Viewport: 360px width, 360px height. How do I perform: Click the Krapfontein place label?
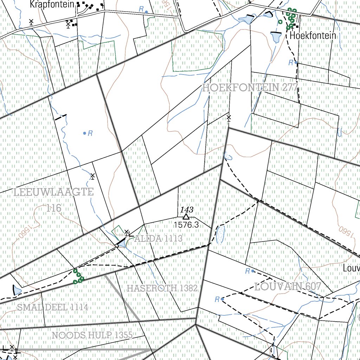(52, 5)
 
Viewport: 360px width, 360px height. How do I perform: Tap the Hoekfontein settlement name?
(313, 36)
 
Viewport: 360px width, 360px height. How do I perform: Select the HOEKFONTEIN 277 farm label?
(250, 88)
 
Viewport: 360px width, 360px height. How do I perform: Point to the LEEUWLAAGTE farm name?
(54, 192)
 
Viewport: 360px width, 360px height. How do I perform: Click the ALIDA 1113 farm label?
(158, 239)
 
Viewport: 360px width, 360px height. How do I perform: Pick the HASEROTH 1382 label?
(162, 289)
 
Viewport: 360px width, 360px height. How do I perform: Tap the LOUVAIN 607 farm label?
(287, 287)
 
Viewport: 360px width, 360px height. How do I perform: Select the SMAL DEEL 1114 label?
(53, 307)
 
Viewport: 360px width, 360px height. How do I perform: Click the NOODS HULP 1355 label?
(92, 335)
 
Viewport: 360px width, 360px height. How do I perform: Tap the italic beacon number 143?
(187, 210)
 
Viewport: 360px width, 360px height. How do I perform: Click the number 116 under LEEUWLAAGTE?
(54, 208)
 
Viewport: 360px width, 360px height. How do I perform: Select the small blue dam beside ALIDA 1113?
(122, 243)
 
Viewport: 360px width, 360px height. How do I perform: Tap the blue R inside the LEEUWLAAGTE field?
(90, 133)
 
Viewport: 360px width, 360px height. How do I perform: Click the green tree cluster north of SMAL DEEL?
(78, 276)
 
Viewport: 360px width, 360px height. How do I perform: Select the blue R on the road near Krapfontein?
(141, 9)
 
